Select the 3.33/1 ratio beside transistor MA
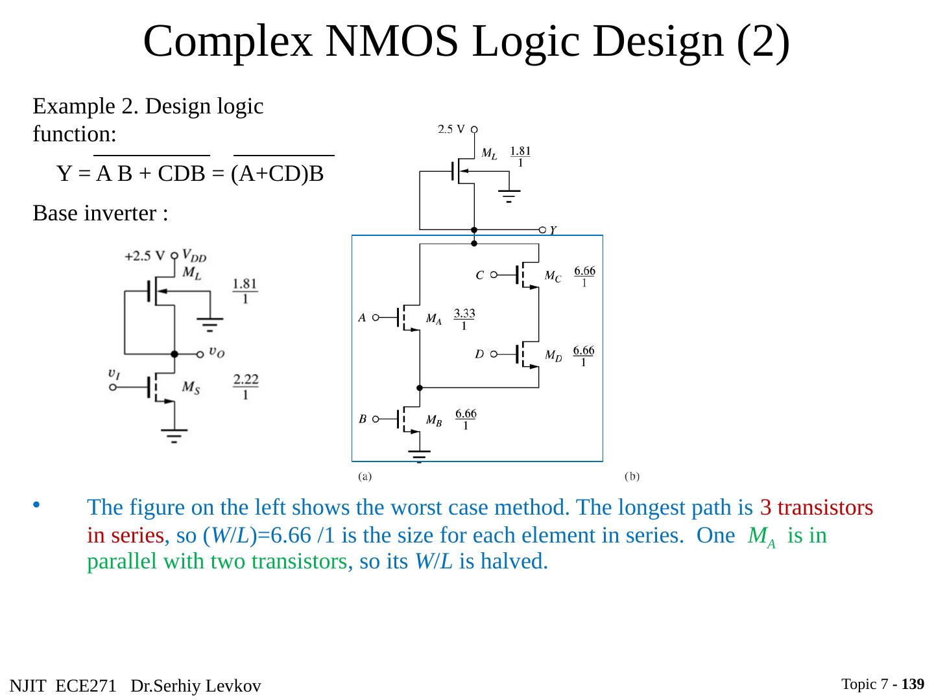(x=464, y=320)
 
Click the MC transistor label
(x=553, y=277)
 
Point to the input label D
(x=479, y=355)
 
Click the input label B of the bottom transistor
(x=363, y=419)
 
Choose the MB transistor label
(x=434, y=420)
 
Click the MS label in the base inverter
(x=191, y=387)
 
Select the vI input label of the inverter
(x=114, y=374)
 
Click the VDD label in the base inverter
(x=195, y=255)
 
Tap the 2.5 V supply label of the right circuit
(x=451, y=129)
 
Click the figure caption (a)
(x=365, y=476)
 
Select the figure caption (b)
(x=632, y=476)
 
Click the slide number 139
(x=913, y=684)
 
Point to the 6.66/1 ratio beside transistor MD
(x=584, y=356)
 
